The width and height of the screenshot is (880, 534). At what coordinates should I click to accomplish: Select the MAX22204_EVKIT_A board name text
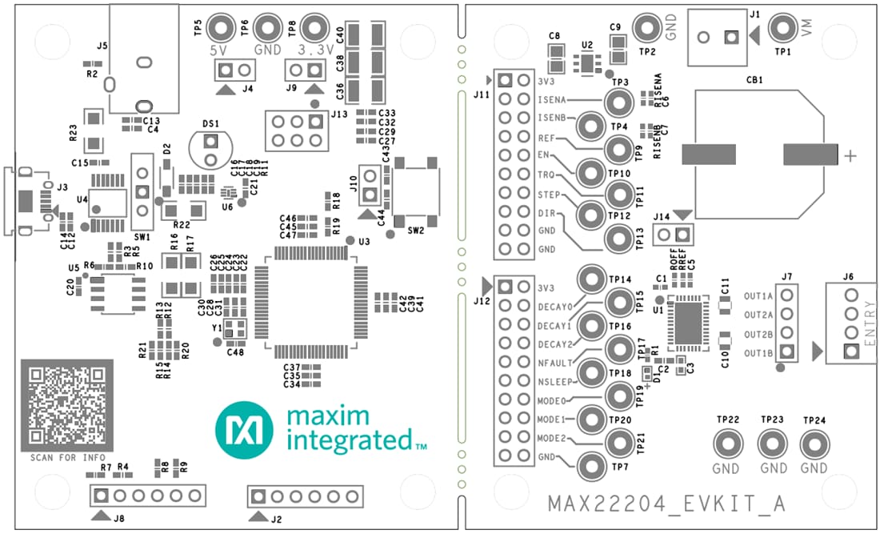(x=666, y=504)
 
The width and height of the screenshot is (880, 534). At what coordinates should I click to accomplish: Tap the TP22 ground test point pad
(x=727, y=444)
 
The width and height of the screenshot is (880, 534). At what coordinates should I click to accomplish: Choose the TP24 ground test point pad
(x=814, y=444)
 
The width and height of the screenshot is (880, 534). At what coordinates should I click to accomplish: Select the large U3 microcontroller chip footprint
(x=311, y=303)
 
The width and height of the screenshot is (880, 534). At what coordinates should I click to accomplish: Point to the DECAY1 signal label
(x=555, y=326)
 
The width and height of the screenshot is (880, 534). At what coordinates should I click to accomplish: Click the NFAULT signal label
(x=554, y=363)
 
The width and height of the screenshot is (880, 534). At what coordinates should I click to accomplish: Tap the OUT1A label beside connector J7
(x=758, y=295)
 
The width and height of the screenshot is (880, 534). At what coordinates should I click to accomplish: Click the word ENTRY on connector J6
(x=870, y=327)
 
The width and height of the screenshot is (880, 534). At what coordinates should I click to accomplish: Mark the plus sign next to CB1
(x=850, y=156)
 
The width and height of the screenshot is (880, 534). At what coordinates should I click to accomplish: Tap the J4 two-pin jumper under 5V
(x=227, y=71)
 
